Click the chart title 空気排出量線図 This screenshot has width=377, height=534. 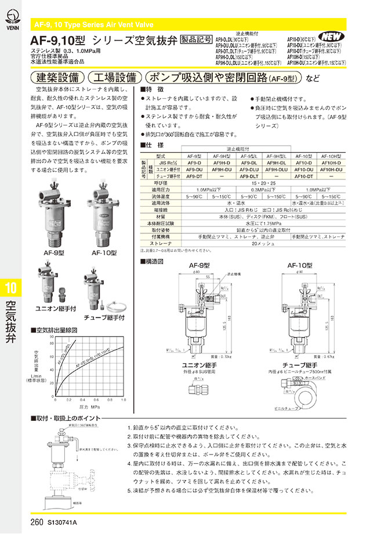[x=60, y=330]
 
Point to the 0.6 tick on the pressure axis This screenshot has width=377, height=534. [x=97, y=400]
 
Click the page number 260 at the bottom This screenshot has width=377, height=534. [x=37, y=522]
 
